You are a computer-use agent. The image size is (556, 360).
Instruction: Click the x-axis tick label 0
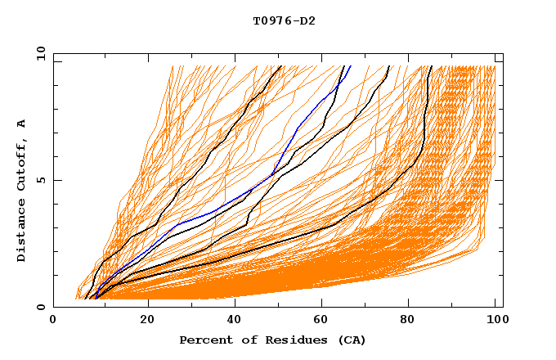click(53, 321)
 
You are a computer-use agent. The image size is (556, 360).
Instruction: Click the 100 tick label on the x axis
click(495, 321)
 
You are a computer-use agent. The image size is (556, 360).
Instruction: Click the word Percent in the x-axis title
click(204, 340)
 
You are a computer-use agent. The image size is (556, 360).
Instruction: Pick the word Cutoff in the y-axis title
click(21, 163)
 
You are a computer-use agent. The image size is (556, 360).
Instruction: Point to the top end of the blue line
click(350, 66)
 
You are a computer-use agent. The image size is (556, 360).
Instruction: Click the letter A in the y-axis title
click(21, 123)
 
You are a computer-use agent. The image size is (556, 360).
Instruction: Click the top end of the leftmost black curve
click(280, 66)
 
